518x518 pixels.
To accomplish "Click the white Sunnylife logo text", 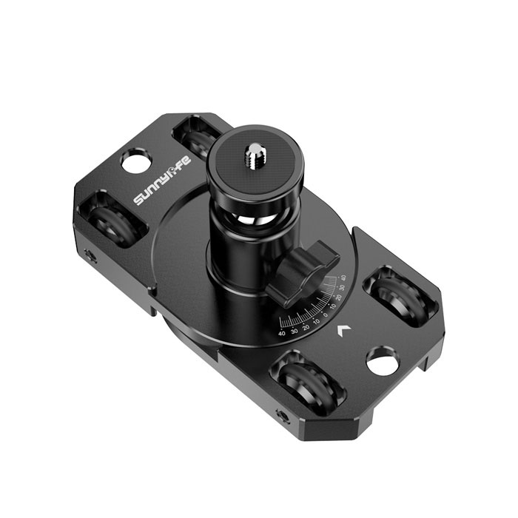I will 162,180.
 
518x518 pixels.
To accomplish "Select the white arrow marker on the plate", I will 343,331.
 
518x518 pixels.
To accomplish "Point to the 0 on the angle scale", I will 326,314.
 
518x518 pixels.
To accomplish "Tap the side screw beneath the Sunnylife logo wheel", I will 90,257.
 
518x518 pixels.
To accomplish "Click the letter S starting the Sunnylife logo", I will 138,200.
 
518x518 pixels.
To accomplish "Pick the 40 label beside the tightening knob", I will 343,279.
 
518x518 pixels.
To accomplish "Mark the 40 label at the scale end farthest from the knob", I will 282,334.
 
